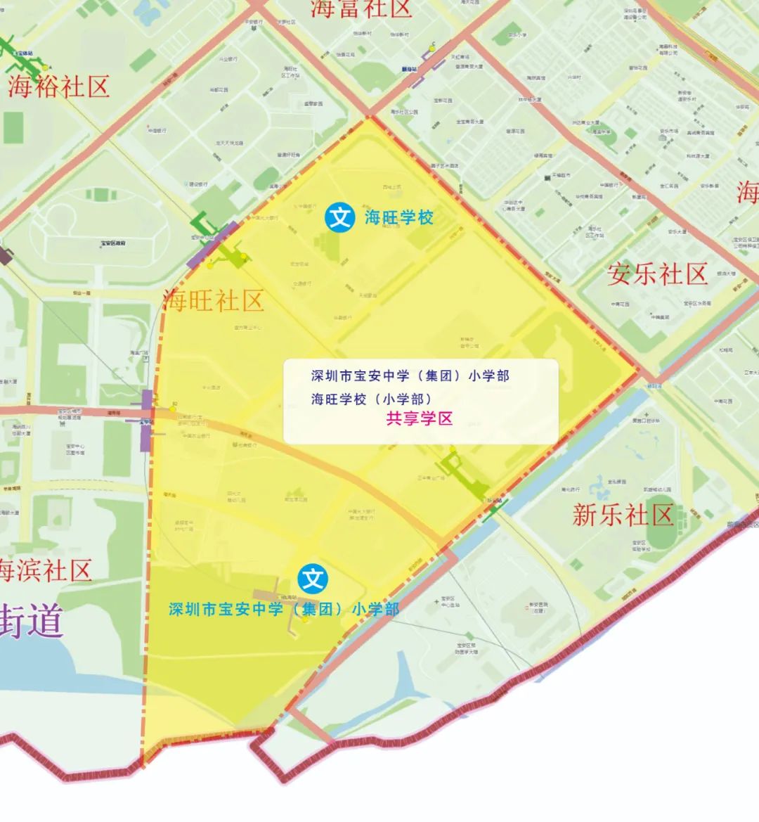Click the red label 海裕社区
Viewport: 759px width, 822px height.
pos(59,87)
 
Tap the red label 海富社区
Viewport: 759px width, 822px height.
pos(361,8)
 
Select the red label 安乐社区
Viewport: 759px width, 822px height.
pos(657,274)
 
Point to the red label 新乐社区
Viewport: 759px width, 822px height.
pos(623,515)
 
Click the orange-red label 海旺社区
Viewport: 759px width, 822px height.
pos(214,301)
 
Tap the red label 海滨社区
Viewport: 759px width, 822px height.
pos(45,570)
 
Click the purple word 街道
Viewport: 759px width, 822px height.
pos(31,619)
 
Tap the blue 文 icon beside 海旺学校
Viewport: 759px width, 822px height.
pos(341,217)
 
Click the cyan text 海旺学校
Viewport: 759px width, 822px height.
pos(398,217)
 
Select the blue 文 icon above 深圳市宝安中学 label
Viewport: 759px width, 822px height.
pos(313,579)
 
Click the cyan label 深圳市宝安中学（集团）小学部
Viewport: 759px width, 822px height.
pos(284,609)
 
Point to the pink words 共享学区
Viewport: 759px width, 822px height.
pos(419,419)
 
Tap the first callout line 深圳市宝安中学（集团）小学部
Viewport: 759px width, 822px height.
pos(410,375)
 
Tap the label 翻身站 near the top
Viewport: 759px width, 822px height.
pos(409,70)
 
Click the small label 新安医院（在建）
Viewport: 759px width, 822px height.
pos(538,607)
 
